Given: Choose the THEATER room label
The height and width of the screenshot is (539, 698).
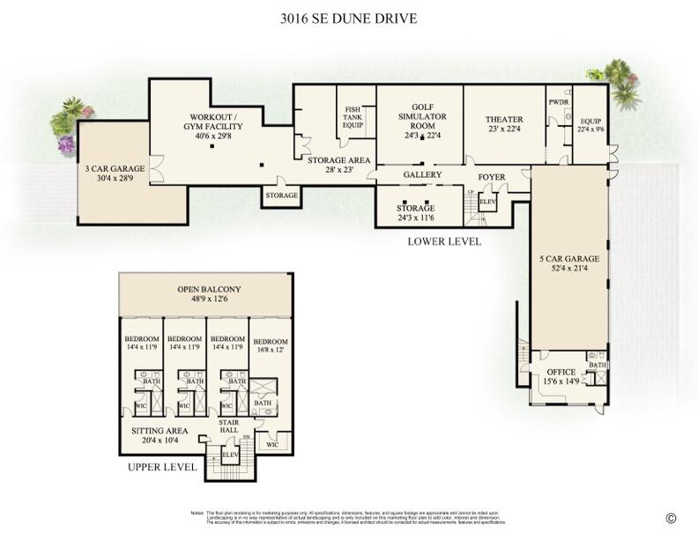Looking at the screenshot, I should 504,120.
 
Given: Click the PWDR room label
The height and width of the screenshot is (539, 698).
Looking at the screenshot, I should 558,101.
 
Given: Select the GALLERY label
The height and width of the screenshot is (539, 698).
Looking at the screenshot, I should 422,175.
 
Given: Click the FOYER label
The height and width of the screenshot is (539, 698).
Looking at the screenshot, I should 492,177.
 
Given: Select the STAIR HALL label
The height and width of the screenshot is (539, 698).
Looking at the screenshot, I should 229,427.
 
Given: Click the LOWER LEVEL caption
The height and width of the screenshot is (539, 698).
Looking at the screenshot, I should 444,240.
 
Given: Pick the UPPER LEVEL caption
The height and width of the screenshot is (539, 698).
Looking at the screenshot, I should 162,467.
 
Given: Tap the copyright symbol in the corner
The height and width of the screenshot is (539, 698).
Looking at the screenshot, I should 672,518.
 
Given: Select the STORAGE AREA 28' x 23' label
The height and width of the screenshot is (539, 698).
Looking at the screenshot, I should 339,165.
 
